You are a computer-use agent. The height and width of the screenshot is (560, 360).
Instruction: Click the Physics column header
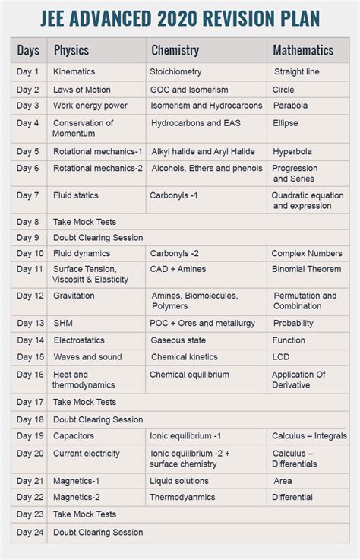pyautogui.click(x=71, y=51)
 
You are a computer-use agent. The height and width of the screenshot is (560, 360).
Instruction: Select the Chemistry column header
pyautogui.click(x=175, y=51)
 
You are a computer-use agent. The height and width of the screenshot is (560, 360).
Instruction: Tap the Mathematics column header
pyautogui.click(x=303, y=51)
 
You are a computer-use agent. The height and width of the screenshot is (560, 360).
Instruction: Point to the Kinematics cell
pyautogui.click(x=74, y=72)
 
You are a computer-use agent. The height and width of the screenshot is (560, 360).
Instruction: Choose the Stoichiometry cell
pyautogui.click(x=176, y=72)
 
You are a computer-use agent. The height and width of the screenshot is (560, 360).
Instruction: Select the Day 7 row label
pyautogui.click(x=28, y=195)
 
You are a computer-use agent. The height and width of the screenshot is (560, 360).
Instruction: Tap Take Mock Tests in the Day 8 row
pyautogui.click(x=84, y=222)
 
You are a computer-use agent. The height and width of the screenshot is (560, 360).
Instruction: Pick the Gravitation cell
pyautogui.click(x=74, y=296)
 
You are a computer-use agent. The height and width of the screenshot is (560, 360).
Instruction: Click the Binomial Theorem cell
pyautogui.click(x=307, y=269)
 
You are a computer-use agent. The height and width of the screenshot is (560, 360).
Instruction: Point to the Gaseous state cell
pyautogui.click(x=178, y=340)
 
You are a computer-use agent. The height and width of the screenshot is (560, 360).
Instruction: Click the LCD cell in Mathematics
pyautogui.click(x=281, y=357)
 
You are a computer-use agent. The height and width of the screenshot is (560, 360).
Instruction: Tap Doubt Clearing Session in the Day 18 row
pyautogui.click(x=98, y=419)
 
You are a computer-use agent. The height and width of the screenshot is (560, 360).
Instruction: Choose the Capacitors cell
pyautogui.click(x=74, y=436)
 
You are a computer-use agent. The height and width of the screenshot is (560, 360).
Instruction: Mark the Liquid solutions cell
pyautogui.click(x=179, y=481)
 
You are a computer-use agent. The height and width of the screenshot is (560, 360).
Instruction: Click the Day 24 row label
pyautogui.click(x=30, y=533)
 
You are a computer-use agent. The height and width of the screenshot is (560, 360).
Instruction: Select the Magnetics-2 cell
pyautogui.click(x=77, y=498)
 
